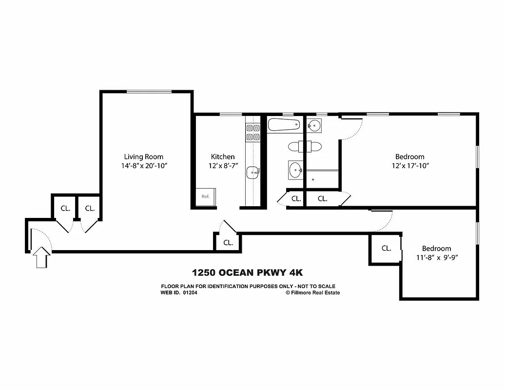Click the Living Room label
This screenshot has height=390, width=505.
[143, 156]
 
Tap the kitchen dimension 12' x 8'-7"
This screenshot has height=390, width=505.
[222, 166]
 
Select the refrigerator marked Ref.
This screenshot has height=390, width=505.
[205, 196]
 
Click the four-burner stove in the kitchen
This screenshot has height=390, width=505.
[253, 132]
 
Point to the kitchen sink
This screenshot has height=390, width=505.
[253, 171]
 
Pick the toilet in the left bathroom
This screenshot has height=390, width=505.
[296, 146]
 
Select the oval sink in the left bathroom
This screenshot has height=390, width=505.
[295, 171]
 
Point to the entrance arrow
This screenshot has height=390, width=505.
[41, 256]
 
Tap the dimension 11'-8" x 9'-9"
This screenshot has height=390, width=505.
[436, 257]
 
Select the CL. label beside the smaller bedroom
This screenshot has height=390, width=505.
[386, 248]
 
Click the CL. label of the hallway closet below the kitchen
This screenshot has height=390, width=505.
[228, 242]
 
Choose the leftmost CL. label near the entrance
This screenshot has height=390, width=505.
[65, 208]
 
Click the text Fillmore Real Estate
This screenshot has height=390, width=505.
[315, 292]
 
